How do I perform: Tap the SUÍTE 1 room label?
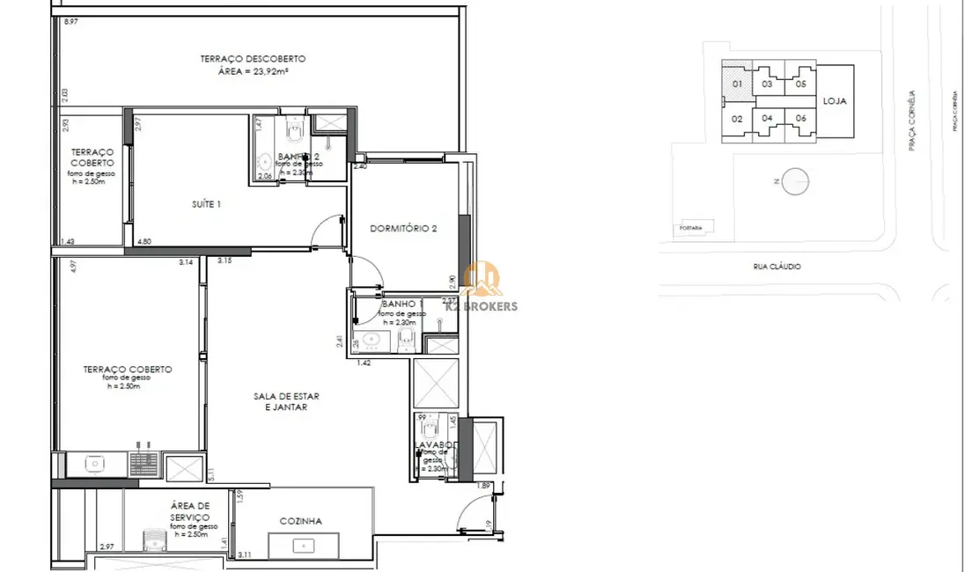pos(205,204)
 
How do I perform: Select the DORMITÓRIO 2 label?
pos(404,228)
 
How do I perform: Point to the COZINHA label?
pos(300,521)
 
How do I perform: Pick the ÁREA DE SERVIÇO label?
pos(190,511)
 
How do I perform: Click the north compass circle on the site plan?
pos(794,181)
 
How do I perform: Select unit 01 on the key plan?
pos(738,84)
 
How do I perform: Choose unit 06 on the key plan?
pos(800,118)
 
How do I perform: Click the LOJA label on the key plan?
pos(835,101)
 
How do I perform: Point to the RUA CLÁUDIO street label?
pos(776,267)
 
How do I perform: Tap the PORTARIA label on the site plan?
pos(691,228)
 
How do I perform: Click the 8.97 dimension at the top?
pos(70,21)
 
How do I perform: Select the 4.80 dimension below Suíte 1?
pos(144,241)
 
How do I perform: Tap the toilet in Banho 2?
pos(294,134)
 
